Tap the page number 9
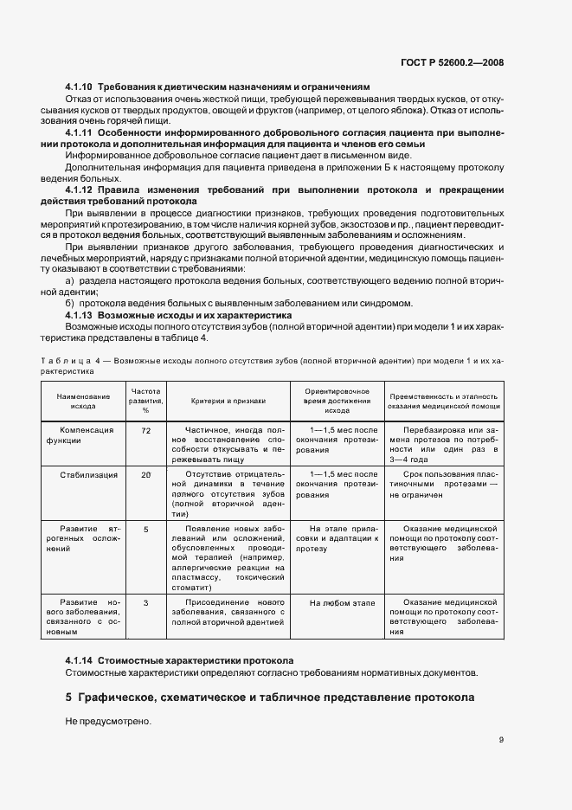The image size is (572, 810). point(501,739)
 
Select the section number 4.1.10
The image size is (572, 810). point(80,87)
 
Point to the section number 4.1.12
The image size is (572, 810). point(80,189)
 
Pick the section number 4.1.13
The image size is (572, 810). point(80,316)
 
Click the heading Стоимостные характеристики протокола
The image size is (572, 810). point(196,659)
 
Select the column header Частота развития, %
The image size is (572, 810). point(145,400)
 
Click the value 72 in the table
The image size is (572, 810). point(145,430)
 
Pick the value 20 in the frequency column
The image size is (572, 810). point(145,475)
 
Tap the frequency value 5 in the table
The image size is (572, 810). point(145,528)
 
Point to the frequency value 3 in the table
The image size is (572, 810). point(145,601)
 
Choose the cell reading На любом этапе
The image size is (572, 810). point(342,601)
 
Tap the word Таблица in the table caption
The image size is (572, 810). point(60,358)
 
